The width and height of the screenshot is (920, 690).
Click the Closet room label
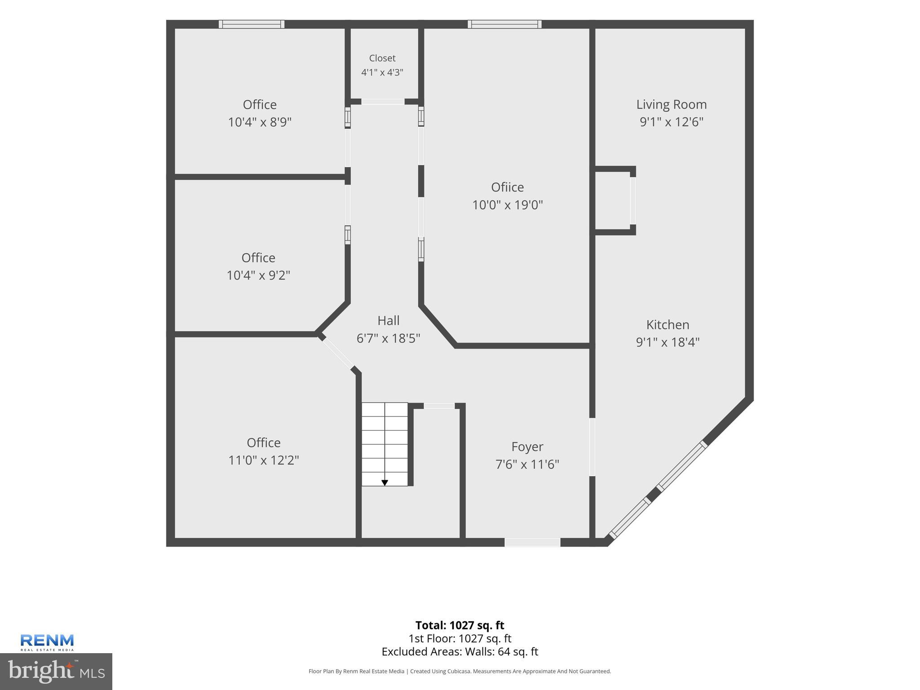(382, 58)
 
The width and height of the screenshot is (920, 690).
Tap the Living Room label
(671, 105)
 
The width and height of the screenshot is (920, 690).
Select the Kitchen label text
(668, 325)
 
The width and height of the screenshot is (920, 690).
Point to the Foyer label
(527, 447)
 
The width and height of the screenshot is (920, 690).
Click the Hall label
(388, 321)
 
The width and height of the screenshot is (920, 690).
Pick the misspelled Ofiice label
(507, 187)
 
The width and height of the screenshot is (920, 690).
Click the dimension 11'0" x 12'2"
(264, 460)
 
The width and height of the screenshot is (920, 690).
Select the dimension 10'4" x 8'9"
(260, 122)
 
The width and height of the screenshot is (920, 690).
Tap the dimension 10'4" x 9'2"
(258, 275)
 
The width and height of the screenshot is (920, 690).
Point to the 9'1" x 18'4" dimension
(668, 342)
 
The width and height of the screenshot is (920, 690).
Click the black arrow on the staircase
(385, 482)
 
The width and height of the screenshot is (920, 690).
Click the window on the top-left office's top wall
(252, 24)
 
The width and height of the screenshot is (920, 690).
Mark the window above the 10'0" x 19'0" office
(504, 24)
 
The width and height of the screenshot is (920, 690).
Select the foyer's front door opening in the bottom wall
(532, 542)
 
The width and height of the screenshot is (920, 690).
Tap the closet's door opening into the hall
(383, 102)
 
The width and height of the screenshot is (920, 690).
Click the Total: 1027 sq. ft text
(460, 625)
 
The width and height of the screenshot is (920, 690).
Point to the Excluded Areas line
(460, 652)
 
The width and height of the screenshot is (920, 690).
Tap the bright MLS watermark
(56, 671)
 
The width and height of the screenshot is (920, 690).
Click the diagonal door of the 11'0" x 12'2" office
(338, 354)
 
